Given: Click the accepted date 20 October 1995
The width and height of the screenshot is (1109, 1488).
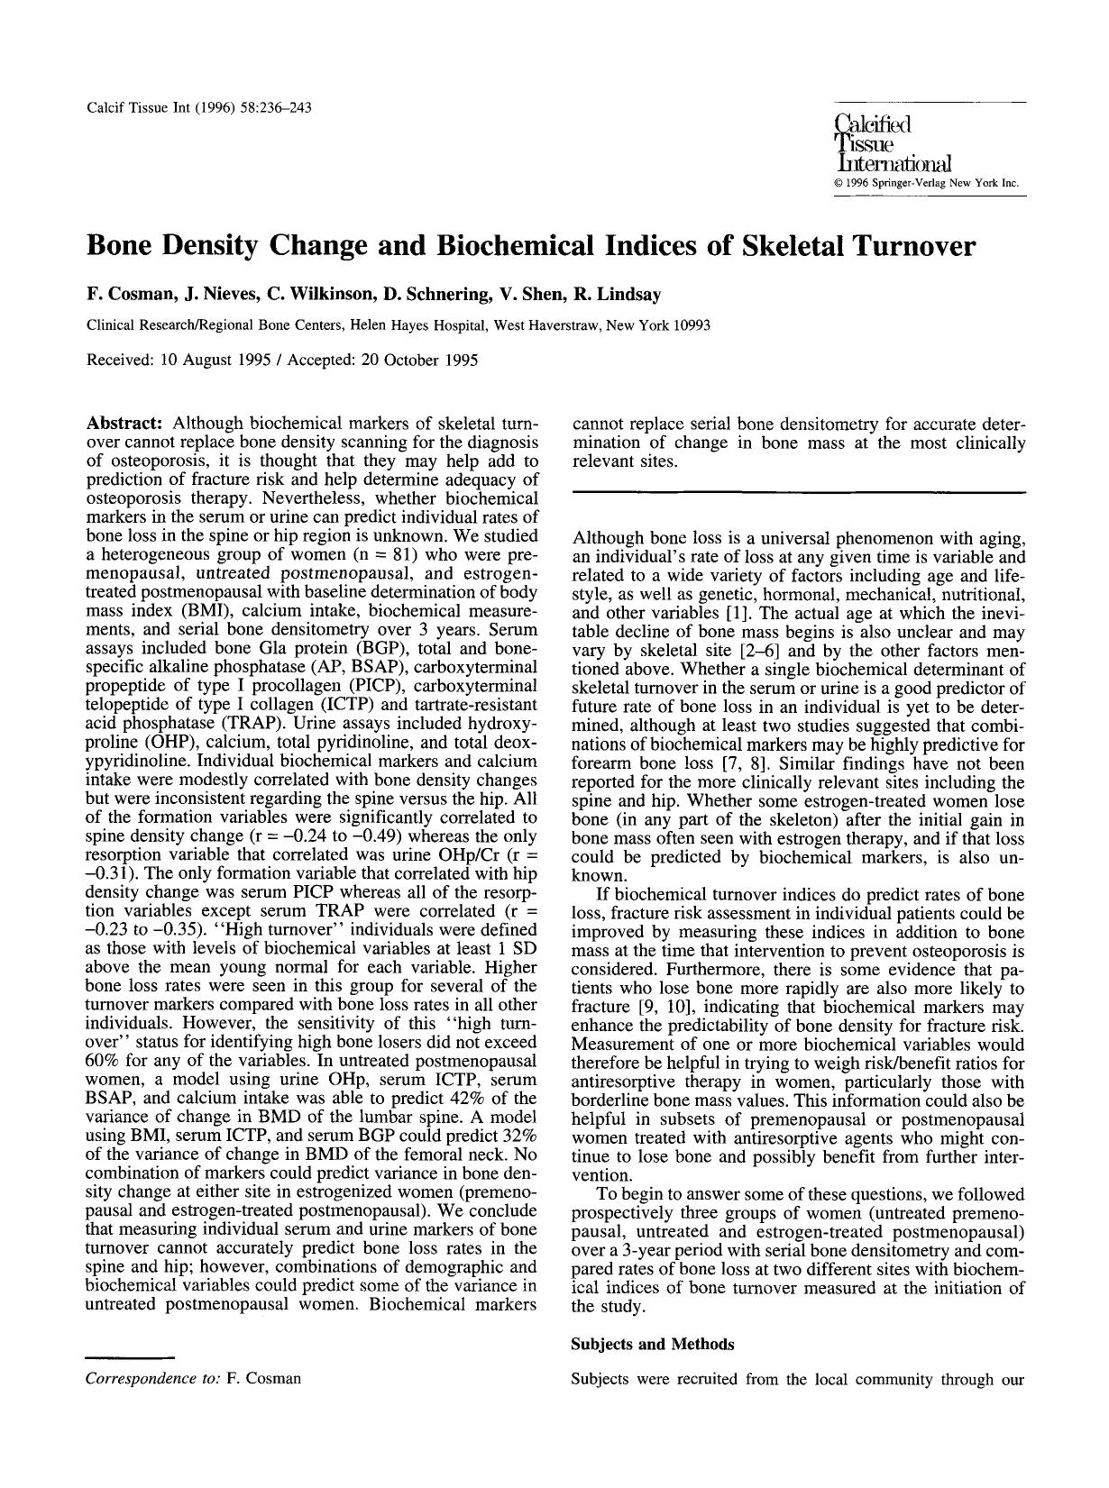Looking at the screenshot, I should coord(414,360).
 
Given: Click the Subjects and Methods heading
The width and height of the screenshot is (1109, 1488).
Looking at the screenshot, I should coord(653,1344).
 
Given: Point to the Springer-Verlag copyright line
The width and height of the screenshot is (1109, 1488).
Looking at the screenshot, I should coord(927,184).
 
